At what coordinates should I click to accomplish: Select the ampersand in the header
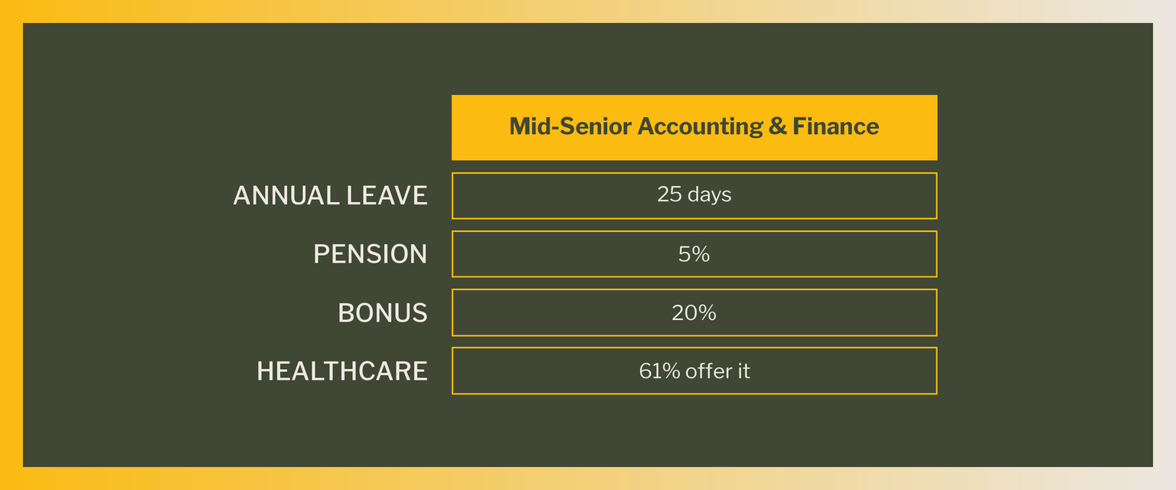pos(778,126)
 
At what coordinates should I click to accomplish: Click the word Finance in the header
pos(836,126)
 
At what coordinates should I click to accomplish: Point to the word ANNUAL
pos(286,195)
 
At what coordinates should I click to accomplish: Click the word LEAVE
pos(387,195)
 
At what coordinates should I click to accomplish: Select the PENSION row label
pos(370,254)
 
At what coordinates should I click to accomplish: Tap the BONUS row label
pos(383,313)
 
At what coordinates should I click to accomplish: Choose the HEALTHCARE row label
pos(342,371)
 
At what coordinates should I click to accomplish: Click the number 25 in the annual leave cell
pos(669,194)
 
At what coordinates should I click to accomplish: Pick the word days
pos(709,196)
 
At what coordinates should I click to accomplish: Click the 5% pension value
pos(694,254)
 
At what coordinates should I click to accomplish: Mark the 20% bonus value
pos(694,313)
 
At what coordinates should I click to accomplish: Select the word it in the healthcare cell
pos(744,371)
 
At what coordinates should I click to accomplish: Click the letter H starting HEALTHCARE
pos(266,371)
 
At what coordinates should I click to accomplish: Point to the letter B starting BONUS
pos(346,313)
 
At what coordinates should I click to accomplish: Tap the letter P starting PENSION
pos(322,254)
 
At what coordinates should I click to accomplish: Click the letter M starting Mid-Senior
pos(520,126)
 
